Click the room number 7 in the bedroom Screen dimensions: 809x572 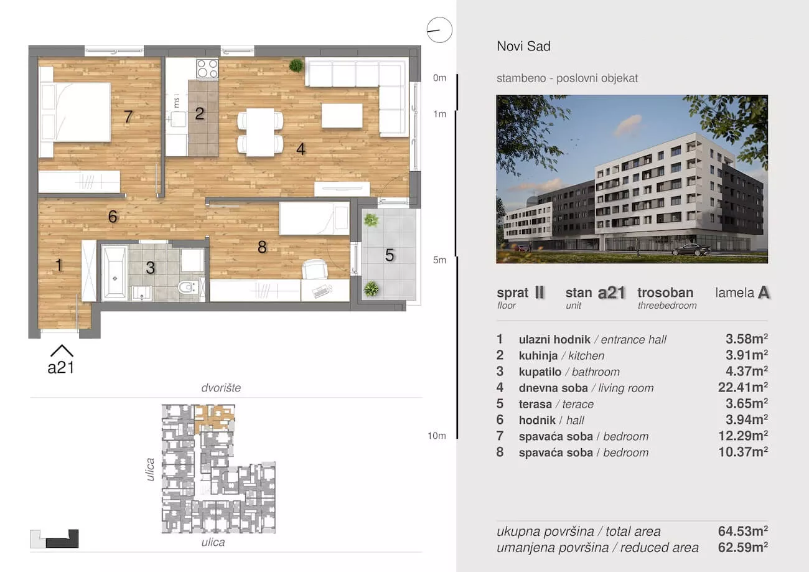click(x=128, y=116)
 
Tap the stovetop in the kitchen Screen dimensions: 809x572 click(x=207, y=68)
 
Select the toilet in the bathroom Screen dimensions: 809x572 click(x=187, y=288)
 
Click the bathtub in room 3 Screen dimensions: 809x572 click(x=115, y=273)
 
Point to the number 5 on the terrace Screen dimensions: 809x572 click(x=390, y=255)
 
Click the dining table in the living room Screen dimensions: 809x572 click(x=260, y=132)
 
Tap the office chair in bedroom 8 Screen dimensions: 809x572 click(x=314, y=269)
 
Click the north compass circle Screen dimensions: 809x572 click(x=439, y=30)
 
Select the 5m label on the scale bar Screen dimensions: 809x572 click(x=439, y=260)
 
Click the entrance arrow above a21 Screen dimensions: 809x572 click(x=62, y=350)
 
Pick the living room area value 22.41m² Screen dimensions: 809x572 click(x=743, y=388)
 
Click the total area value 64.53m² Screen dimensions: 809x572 click(x=743, y=531)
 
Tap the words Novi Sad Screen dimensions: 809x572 click(x=524, y=46)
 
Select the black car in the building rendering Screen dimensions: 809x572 click(x=691, y=250)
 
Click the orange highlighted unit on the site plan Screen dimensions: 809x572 click(x=214, y=418)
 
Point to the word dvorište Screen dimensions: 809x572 click(x=221, y=388)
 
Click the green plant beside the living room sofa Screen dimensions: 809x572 click(x=296, y=65)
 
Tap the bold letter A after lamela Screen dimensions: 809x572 click(x=764, y=293)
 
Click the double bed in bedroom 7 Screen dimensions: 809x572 click(x=75, y=112)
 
